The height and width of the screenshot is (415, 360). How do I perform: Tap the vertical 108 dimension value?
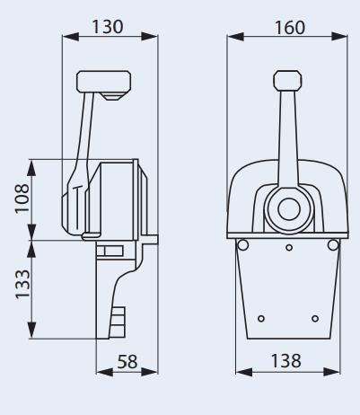coord(22,199)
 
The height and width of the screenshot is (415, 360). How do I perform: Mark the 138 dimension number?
coord(285,361)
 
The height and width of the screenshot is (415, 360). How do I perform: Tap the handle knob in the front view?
coord(288,78)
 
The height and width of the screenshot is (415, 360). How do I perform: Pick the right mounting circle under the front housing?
coord(337,245)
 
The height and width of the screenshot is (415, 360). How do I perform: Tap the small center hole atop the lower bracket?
coord(288,248)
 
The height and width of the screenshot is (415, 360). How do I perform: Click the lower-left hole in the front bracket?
coord(261,318)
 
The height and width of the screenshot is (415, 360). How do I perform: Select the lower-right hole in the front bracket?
coord(315,318)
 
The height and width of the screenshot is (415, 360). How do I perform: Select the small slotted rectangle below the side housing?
coord(110,252)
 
